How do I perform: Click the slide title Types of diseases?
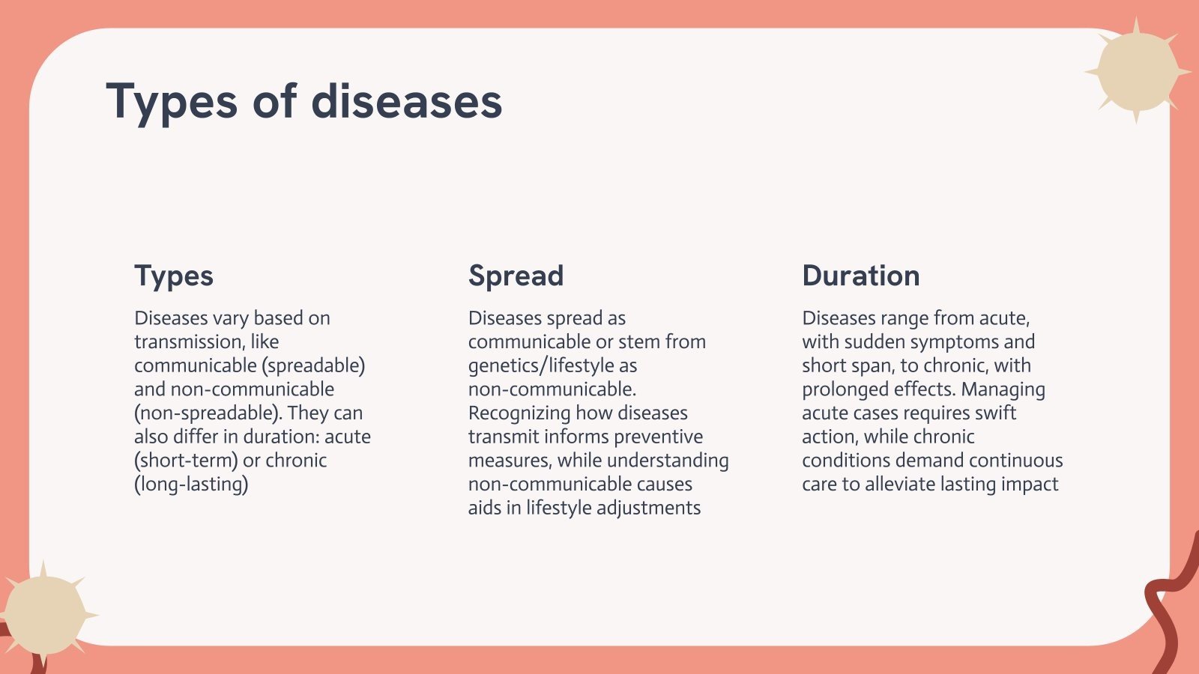point(304,101)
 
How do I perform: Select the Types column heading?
point(174,276)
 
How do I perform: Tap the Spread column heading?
point(516,276)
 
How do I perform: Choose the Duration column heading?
point(860,276)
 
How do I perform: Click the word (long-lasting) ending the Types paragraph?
point(191,484)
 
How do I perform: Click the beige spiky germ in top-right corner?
point(1137,71)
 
